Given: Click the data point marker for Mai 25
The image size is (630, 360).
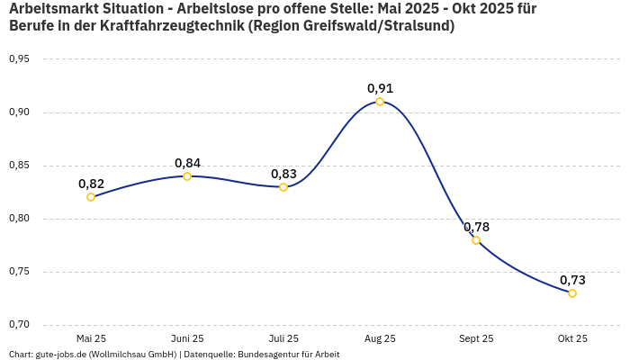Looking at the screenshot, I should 91,197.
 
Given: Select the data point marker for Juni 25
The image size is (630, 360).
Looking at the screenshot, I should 187,176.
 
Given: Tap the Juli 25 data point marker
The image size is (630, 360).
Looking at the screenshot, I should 283,187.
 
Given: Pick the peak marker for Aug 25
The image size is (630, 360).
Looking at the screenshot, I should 380,102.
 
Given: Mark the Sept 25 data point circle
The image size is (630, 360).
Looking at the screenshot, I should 476,240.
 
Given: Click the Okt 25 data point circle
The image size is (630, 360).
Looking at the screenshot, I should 572,293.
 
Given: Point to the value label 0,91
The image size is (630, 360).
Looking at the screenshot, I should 380,88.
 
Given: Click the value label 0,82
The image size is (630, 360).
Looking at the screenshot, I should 91,184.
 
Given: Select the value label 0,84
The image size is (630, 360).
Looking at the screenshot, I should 187,163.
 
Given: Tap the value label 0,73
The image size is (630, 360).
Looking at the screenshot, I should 572,280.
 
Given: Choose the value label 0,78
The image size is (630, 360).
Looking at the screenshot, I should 476,227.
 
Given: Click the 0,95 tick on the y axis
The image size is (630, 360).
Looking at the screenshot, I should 19,59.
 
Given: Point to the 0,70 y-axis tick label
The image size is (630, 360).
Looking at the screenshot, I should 19,325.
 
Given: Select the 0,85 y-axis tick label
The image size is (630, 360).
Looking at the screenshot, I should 19,166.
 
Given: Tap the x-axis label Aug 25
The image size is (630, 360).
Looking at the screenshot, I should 380,338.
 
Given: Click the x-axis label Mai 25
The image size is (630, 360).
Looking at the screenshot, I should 91,338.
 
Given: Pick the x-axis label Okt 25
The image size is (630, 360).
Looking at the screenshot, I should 572,338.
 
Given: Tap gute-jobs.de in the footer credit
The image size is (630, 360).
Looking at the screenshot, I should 60,355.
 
